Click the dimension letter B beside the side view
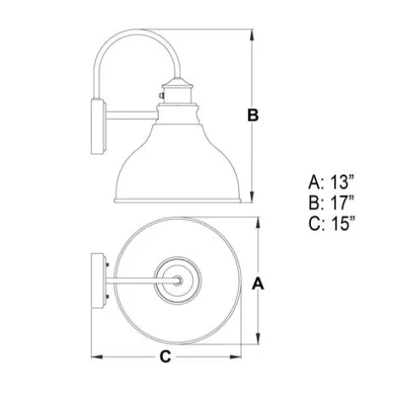253,115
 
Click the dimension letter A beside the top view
258,284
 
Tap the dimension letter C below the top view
165,356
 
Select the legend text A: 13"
331,182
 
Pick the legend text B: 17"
331,202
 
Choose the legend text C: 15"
332,222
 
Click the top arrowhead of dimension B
251,35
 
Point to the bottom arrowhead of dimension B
251,197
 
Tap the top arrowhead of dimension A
258,222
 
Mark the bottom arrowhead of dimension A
258,338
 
